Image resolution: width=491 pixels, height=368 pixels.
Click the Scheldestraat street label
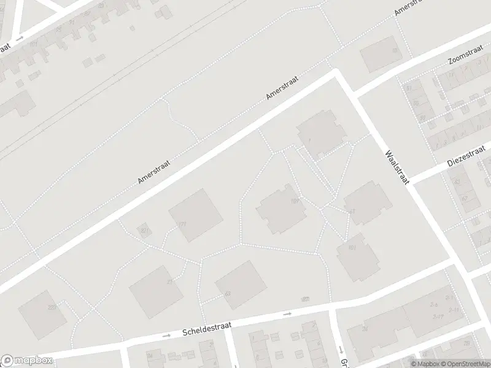206,330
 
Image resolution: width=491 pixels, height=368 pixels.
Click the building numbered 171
196,215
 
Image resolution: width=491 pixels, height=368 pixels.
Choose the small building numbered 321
144,231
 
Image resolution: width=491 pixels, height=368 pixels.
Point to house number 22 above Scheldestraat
306,299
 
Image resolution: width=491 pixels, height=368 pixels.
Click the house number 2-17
438,316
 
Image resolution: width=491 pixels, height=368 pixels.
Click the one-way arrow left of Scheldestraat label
166,336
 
